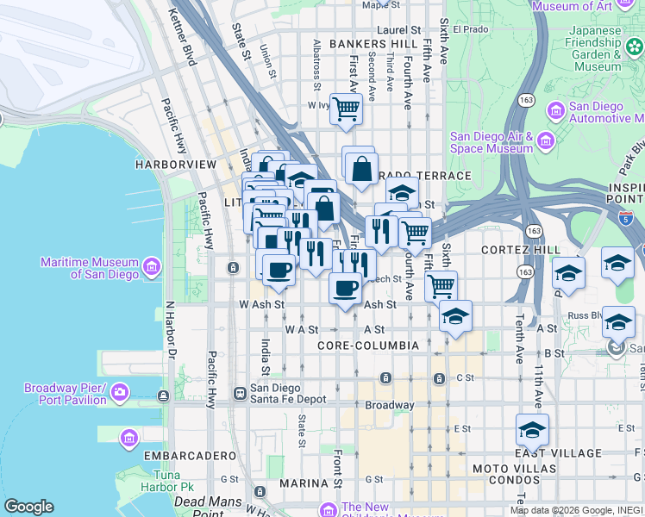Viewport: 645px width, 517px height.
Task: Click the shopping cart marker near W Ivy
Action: point(346,109)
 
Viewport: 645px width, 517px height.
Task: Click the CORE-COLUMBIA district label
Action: point(367,346)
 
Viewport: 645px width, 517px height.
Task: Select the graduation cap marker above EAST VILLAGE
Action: point(533,428)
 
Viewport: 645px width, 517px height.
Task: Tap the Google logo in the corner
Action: point(28,507)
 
